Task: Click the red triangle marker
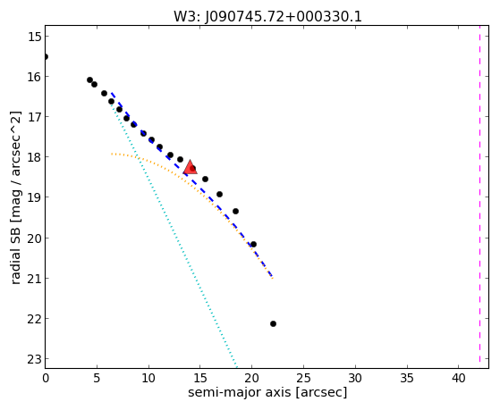point(191,168)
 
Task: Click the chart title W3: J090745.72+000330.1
point(267,17)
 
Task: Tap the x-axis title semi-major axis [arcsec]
point(267,392)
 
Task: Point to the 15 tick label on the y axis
point(34,37)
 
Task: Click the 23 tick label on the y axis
point(34,359)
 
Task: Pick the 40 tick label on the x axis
point(458,378)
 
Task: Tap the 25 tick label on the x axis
point(303,378)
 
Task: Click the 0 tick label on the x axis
point(46,378)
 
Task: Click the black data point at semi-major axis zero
point(46,56)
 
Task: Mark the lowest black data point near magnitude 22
point(273,323)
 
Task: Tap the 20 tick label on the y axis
point(34,238)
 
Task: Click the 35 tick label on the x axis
point(407,378)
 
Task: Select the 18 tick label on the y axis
point(34,157)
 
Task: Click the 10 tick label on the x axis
point(148,378)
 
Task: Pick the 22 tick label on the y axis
point(34,319)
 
